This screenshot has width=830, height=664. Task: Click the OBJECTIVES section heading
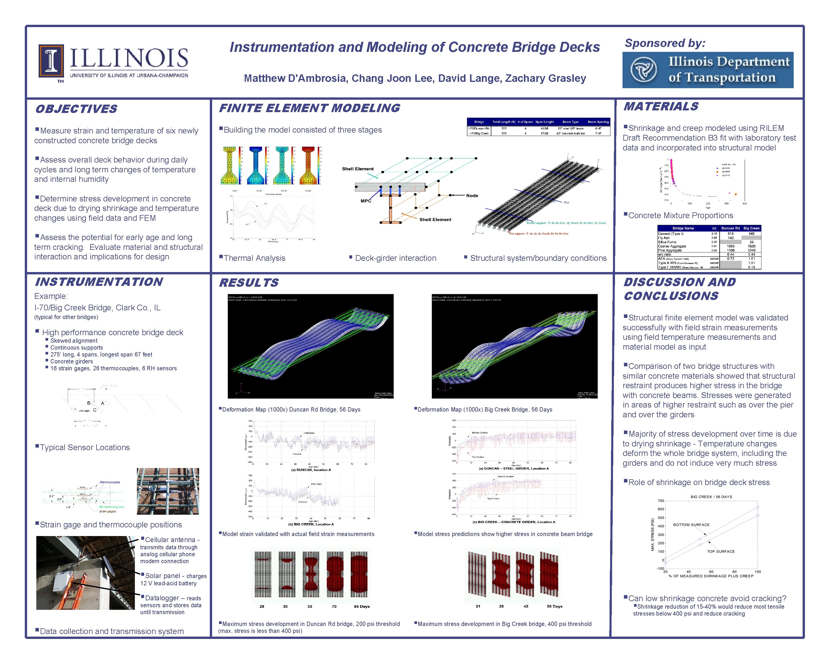(x=76, y=109)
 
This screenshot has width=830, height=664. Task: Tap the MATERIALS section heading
(x=661, y=107)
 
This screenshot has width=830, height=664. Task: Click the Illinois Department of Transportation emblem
(x=643, y=70)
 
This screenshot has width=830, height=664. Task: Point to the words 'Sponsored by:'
(x=665, y=43)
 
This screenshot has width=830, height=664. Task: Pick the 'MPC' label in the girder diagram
(x=366, y=201)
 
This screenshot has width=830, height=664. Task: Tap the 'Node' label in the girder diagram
(x=472, y=196)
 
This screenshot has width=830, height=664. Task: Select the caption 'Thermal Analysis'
(x=254, y=258)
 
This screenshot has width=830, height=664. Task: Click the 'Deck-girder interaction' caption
(x=395, y=258)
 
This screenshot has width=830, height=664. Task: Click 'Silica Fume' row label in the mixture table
(x=667, y=242)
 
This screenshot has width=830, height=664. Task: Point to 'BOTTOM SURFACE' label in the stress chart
(x=691, y=525)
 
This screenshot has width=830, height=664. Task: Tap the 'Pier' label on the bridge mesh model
(x=566, y=203)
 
